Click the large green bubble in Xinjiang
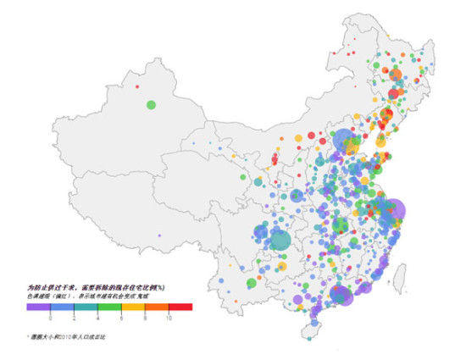click(151, 104)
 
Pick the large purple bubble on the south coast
click(341, 295)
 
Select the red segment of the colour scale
click(181, 307)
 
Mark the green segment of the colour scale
click(110, 307)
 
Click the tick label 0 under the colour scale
click(51, 316)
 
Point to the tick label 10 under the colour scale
click(169, 316)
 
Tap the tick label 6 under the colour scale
click(122, 316)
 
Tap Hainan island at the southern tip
click(315, 336)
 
